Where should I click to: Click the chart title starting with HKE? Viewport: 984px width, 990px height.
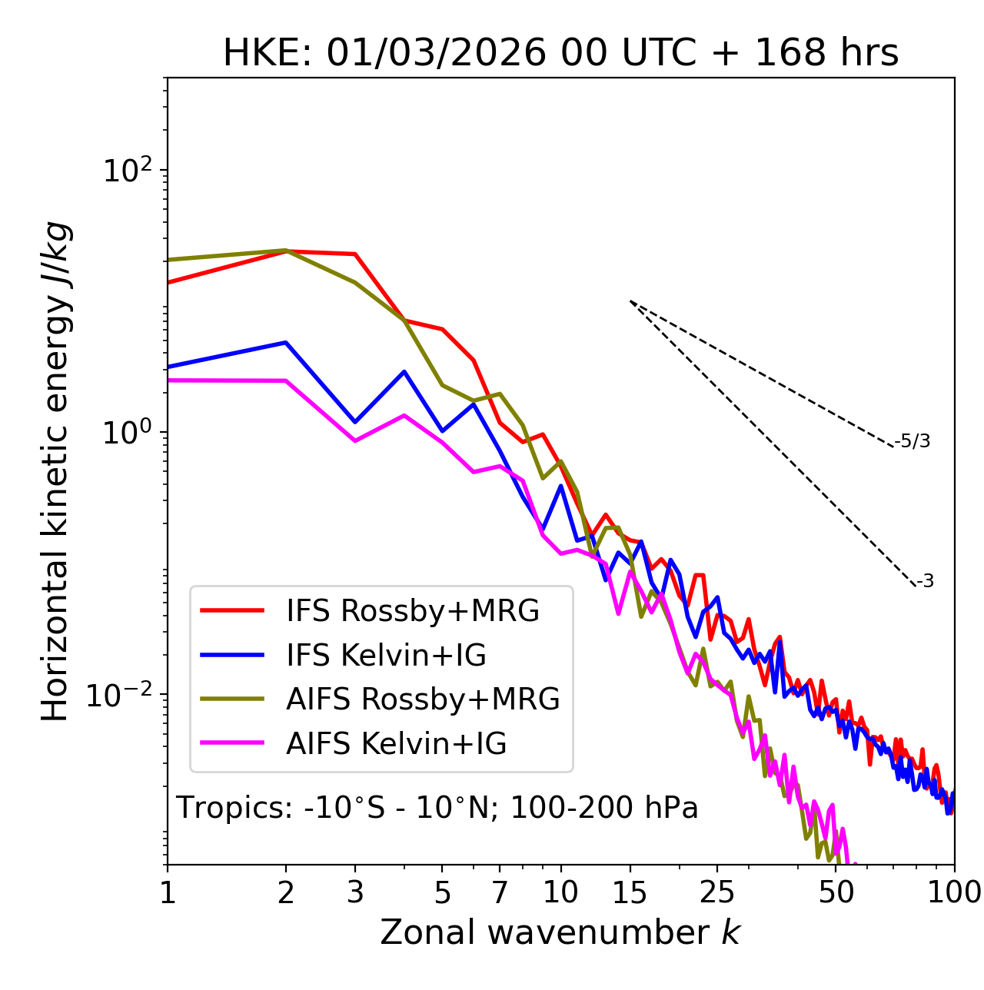[x=560, y=53]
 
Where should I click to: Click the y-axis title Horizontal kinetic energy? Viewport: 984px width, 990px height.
[x=56, y=471]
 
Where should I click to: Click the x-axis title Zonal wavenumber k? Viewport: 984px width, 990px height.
[x=560, y=932]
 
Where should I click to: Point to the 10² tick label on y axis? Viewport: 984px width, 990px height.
[x=128, y=170]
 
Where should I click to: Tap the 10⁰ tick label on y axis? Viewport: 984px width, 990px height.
[x=128, y=432]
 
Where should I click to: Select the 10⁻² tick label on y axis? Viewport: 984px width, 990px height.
[x=123, y=695]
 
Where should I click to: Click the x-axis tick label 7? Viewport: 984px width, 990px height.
[x=500, y=892]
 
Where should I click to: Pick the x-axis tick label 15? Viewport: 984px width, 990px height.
[x=630, y=892]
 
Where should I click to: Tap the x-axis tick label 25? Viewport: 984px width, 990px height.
[x=716, y=892]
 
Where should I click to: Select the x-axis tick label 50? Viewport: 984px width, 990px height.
[x=836, y=892]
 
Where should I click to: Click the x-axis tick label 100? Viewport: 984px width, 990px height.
[x=954, y=892]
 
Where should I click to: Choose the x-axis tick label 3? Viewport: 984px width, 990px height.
[x=354, y=892]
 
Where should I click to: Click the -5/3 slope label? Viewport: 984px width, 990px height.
[x=913, y=441]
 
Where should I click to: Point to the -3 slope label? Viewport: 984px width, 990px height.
[x=926, y=582]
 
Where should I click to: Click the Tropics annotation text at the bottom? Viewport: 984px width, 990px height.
[x=437, y=808]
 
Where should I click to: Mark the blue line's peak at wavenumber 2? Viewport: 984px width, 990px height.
[x=286, y=342]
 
